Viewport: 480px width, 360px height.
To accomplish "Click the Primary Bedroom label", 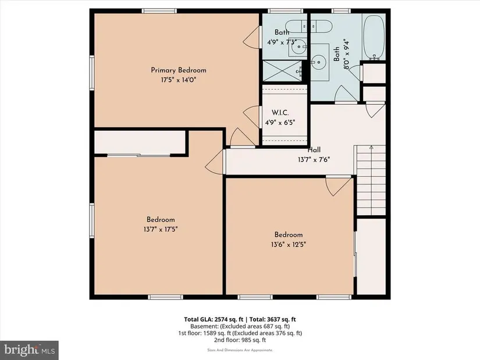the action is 179,70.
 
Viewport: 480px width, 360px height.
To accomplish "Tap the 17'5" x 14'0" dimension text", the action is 179,80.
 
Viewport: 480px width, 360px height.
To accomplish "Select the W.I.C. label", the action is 280,113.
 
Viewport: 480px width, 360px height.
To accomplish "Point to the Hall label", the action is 314,149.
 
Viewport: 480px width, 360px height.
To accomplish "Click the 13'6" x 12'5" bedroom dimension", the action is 289,245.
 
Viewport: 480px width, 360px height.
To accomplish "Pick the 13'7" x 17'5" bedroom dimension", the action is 161,229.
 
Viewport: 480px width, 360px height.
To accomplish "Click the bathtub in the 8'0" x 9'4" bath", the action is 374,37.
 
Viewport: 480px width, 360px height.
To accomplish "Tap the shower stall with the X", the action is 282,71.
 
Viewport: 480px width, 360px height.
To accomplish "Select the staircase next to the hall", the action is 371,180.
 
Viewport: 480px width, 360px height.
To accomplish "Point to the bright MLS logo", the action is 30,350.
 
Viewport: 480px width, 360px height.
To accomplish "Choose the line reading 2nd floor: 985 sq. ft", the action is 240,340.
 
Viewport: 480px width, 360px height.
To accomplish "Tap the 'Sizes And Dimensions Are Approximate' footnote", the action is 240,350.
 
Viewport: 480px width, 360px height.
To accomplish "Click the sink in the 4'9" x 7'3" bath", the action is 298,47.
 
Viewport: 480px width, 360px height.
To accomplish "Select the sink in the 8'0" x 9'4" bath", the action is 319,62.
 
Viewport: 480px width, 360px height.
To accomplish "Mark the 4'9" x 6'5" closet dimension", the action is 280,123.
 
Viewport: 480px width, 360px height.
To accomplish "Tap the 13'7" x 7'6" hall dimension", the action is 314,159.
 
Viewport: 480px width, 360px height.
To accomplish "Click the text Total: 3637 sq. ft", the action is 273,320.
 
